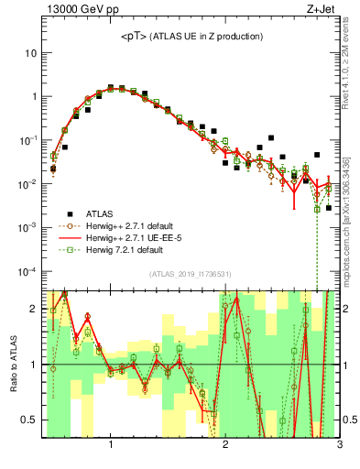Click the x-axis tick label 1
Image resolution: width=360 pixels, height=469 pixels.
[111, 445]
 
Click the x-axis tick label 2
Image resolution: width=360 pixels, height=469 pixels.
[225, 445]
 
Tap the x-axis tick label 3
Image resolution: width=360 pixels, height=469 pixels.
[339, 445]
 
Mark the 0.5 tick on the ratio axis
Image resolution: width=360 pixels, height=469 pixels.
[30, 420]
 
